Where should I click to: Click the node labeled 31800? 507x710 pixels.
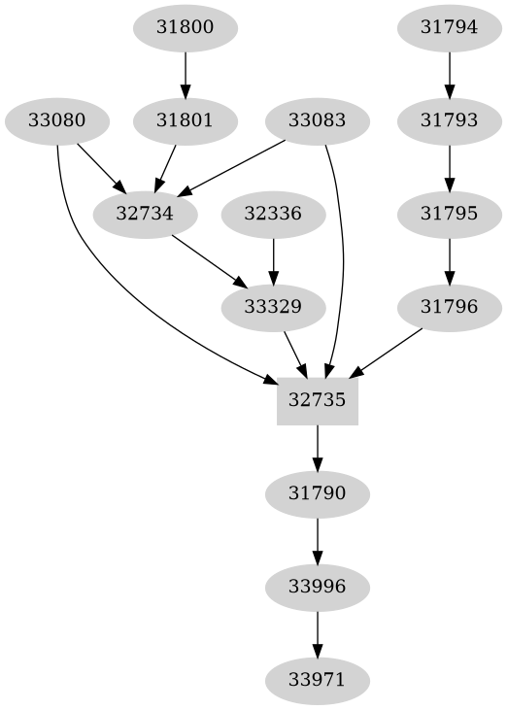point(185,28)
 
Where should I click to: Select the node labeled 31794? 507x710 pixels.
point(449,28)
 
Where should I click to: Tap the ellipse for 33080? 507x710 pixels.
point(56,121)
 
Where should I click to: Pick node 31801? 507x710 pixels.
point(185,121)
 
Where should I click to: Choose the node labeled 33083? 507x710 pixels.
point(317,121)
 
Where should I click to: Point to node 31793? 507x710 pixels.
point(449,121)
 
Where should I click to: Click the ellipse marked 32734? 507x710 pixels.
point(144,215)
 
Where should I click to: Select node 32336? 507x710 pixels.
point(273,215)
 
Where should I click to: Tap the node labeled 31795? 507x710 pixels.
point(449,215)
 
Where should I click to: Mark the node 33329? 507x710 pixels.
point(273,308)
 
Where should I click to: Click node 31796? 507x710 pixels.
point(449,308)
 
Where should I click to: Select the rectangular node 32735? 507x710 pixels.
point(318,401)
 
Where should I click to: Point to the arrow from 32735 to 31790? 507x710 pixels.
point(318,448)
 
